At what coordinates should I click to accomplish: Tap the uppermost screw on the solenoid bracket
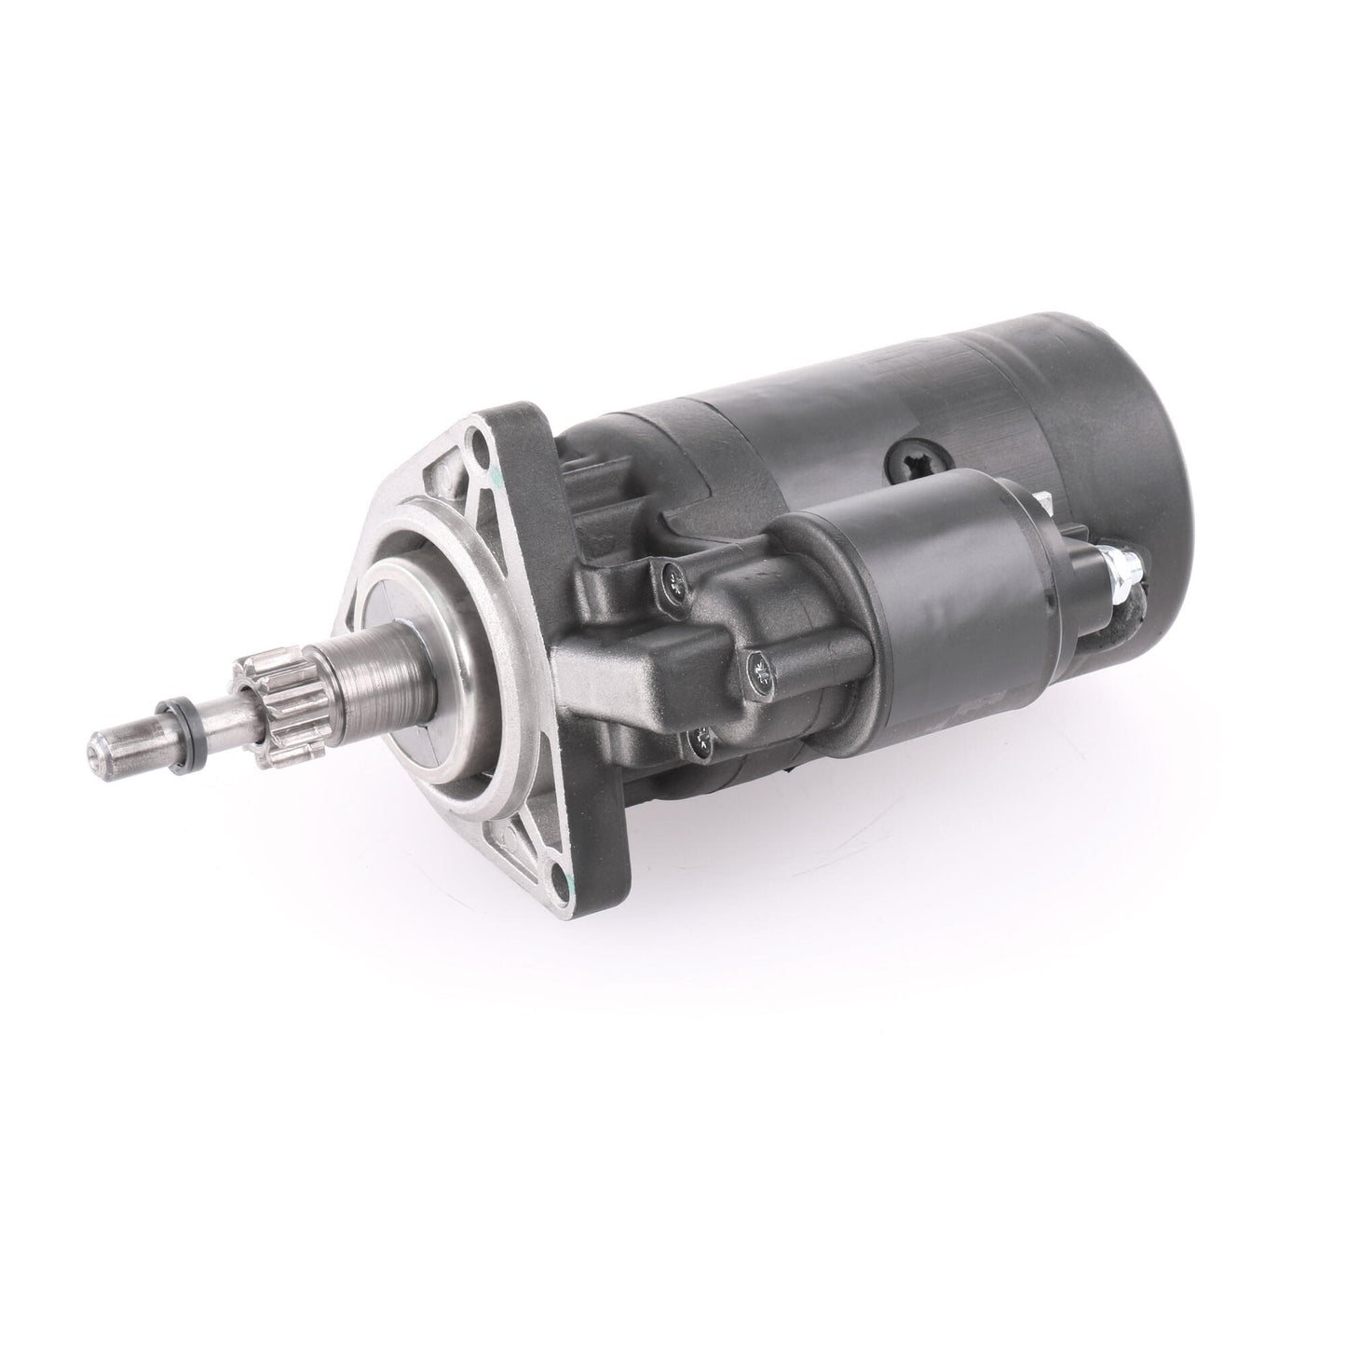[674, 584]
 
